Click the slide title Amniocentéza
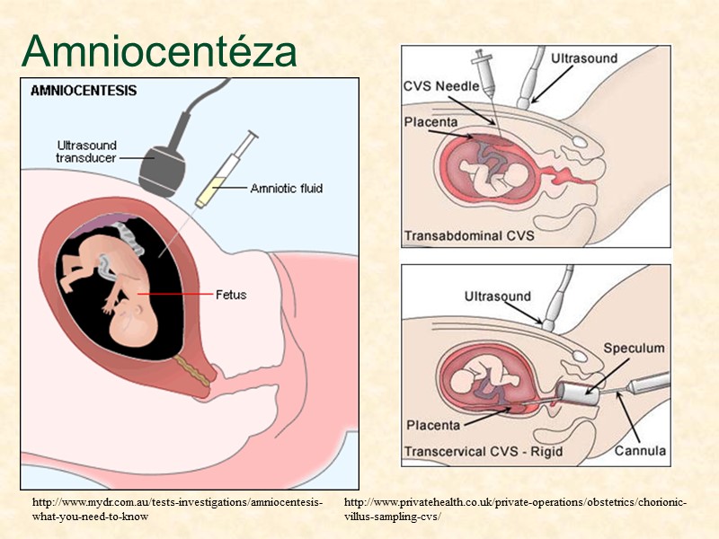tap(159, 51)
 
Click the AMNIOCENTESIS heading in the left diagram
tap(84, 90)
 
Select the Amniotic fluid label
tap(286, 189)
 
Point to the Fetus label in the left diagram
tap(231, 294)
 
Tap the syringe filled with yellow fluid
tap(225, 172)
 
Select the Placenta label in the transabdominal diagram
tap(431, 122)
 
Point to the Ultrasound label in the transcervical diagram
tap(497, 296)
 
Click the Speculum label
tap(634, 347)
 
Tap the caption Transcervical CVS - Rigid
tap(484, 450)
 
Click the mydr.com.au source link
tap(176, 509)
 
